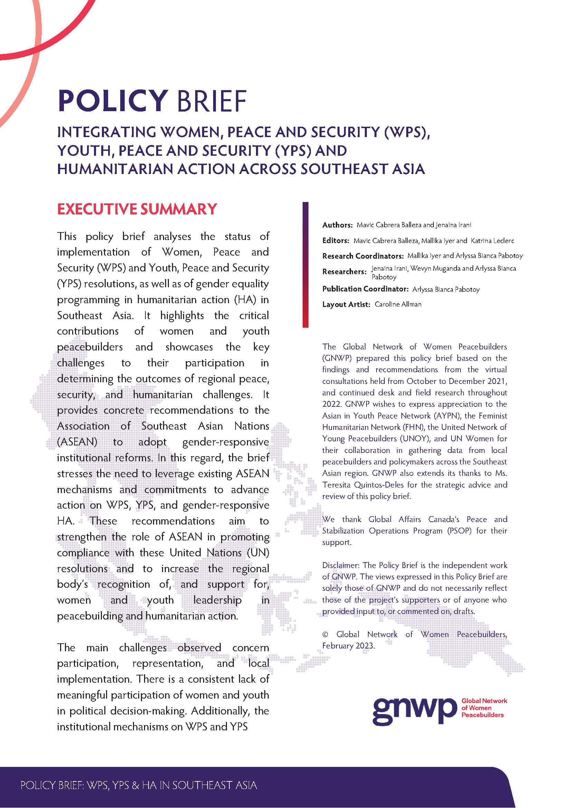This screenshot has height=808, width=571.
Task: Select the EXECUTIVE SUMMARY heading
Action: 137,209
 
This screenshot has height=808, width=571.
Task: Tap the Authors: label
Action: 337,225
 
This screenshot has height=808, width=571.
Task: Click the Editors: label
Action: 335,241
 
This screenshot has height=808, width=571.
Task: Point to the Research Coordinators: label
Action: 363,256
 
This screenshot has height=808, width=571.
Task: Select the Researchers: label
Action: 344,272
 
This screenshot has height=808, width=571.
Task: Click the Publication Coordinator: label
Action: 365,289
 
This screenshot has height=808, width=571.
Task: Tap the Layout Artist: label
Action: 346,305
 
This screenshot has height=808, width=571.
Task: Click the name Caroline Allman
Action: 398,305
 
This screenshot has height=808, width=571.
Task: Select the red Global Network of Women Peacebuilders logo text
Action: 484,708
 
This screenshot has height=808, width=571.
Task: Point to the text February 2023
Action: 349,646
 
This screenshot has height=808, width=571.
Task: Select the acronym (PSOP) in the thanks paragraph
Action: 459,531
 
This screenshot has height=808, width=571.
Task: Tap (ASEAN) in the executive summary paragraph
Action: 77,442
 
